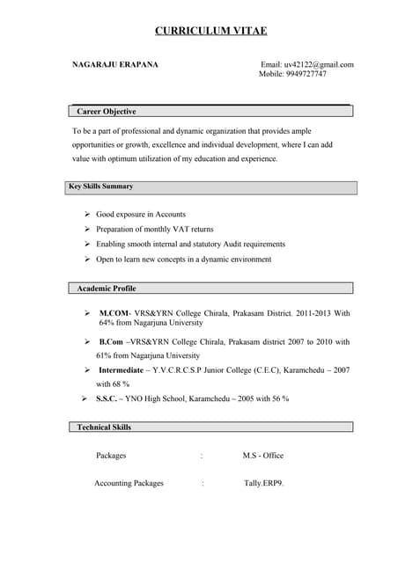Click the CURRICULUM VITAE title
[x=210, y=31]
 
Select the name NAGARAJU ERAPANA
[x=114, y=65]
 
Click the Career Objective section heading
[x=106, y=112]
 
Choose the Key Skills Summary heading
[x=101, y=186]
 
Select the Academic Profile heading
[x=107, y=289]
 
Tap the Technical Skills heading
[x=104, y=427]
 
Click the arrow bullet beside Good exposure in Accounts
[x=87, y=215]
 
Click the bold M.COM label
[x=114, y=313]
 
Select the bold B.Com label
[x=111, y=341]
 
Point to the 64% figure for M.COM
[x=107, y=323]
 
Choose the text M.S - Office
[x=262, y=456]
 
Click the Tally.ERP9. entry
[x=264, y=483]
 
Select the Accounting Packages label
[x=129, y=483]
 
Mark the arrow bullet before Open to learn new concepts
[x=87, y=260]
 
